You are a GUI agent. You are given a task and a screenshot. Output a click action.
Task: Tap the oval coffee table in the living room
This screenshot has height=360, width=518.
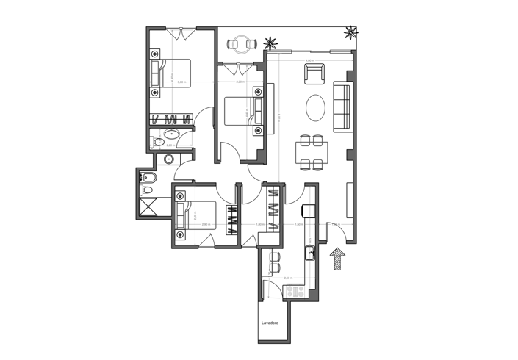pyautogui.click(x=314, y=108)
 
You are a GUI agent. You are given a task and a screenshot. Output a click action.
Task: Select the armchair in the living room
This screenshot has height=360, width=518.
pyautogui.click(x=314, y=73)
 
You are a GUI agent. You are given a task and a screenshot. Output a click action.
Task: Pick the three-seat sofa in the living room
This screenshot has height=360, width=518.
pyautogui.click(x=342, y=107)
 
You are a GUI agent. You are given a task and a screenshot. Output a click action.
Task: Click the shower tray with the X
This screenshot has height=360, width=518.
pyautogui.click(x=148, y=206)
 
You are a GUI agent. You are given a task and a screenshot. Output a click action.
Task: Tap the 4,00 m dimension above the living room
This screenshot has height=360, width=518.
pyautogui.click(x=309, y=60)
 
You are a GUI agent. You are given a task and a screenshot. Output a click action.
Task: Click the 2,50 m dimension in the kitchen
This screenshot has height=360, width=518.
pyautogui.click(x=289, y=278)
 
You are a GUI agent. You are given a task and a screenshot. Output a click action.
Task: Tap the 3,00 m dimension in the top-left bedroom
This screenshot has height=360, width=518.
pyautogui.click(x=181, y=82)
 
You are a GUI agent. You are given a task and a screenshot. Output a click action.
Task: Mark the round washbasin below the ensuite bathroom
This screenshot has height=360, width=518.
pyautogui.click(x=169, y=159)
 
